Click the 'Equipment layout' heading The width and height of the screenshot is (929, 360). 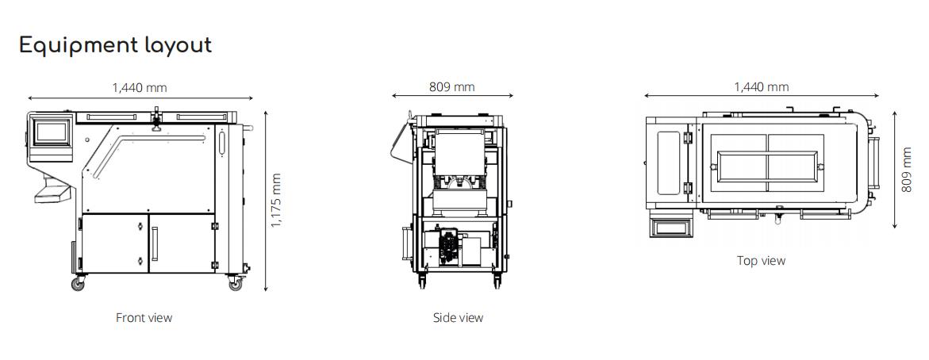[x=115, y=45]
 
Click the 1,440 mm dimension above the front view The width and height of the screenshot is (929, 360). [x=140, y=87]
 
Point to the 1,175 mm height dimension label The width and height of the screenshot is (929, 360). [x=276, y=201]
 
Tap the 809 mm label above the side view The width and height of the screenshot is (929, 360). [x=452, y=86]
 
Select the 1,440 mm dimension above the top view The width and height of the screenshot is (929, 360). [x=761, y=86]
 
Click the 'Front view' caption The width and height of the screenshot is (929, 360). [x=144, y=318]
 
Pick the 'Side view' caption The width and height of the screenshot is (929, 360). [x=458, y=318]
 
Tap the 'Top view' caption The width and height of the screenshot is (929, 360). [x=761, y=261]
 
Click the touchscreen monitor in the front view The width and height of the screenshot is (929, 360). [x=52, y=131]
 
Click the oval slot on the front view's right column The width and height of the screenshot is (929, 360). [x=221, y=144]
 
